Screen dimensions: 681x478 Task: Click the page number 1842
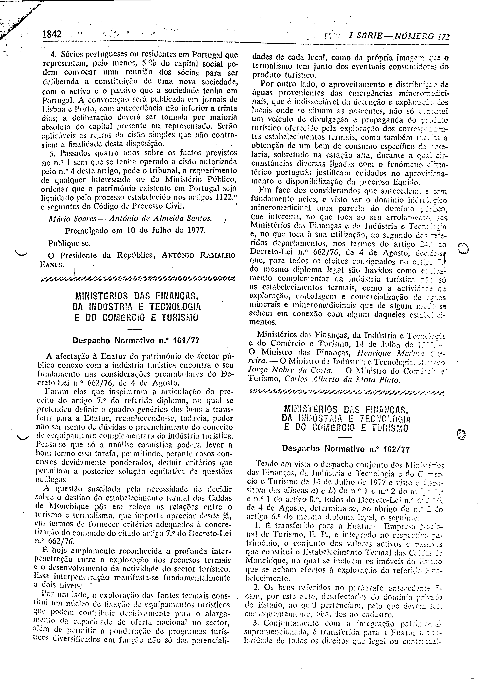click(52, 35)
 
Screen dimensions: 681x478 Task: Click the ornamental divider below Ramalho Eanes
click(138, 279)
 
